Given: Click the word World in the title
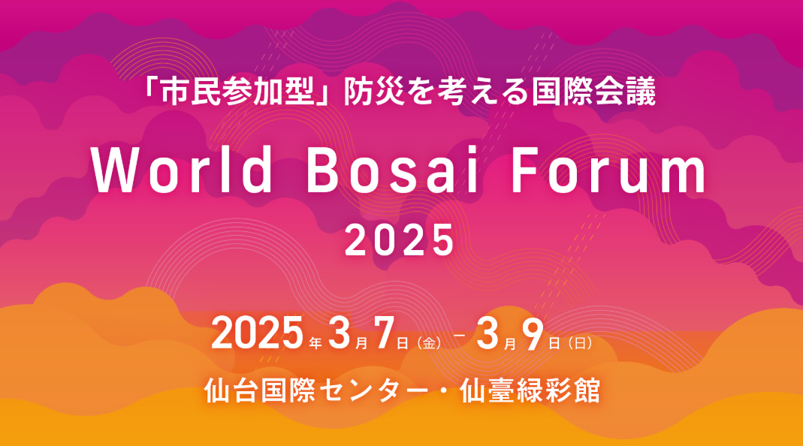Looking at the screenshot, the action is point(182,168).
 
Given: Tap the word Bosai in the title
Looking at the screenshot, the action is point(393,168).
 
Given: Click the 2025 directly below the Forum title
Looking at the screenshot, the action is point(400,240).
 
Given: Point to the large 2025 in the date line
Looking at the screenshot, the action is point(257,333).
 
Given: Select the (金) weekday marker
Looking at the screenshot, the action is point(430,343).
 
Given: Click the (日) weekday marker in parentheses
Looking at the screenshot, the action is point(580,343).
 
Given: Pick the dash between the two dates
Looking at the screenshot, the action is point(460,336).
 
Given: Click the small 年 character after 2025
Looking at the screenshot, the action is point(315,343).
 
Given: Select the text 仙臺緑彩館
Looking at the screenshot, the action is point(530,390).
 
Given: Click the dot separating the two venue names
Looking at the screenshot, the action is point(444,391).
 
